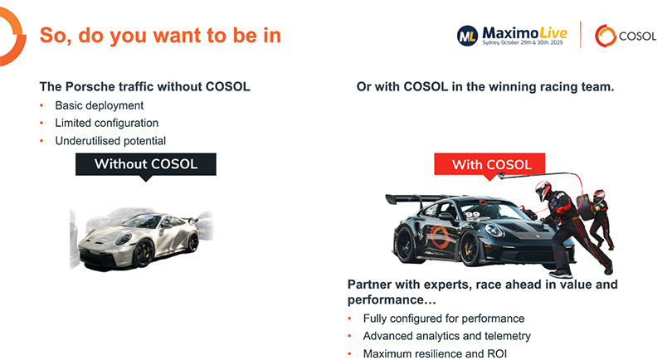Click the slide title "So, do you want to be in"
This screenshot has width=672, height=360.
pos(160,36)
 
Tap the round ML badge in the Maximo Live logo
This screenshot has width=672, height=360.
pos(467,35)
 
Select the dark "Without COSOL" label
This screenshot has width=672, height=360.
pos(146,163)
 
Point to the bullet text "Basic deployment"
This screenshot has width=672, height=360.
pos(100,106)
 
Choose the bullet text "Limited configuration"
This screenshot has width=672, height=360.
pos(106,124)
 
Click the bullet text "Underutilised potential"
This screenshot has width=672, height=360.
pos(110,141)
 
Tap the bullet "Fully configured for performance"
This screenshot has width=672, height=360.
pos(444,319)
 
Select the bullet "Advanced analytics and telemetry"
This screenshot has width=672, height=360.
pos(446,336)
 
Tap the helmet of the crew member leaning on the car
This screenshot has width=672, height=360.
pos(543,192)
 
